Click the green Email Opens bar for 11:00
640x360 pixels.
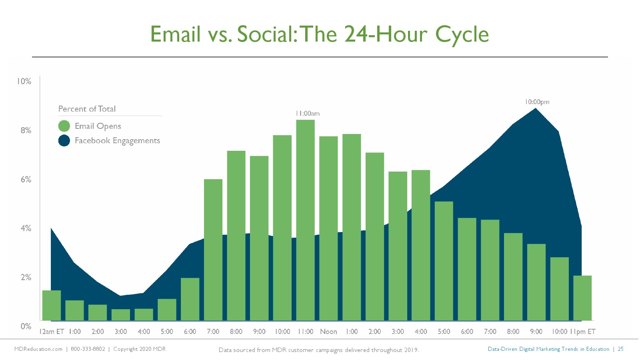[306, 220]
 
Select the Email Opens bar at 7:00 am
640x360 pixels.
[213, 250]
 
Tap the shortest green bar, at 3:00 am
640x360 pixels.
[120, 314]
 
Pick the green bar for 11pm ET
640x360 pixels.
[582, 298]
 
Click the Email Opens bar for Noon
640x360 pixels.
[328, 228]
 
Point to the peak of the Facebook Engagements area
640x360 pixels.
[536, 108]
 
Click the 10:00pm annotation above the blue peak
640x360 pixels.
[537, 102]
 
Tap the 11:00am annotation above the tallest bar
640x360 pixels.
[308, 114]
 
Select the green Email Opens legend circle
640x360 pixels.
[64, 126]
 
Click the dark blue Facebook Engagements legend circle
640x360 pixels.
[64, 140]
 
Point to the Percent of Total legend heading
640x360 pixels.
[87, 109]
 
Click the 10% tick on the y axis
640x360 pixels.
[24, 82]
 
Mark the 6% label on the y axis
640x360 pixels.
[26, 180]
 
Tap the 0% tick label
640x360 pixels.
[26, 326]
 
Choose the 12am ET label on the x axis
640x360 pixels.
[52, 332]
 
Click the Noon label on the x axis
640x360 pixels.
[328, 332]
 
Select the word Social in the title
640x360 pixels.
[267, 34]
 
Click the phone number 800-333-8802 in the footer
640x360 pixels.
[88, 349]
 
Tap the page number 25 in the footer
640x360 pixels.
[620, 349]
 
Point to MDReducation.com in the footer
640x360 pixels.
[38, 349]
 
